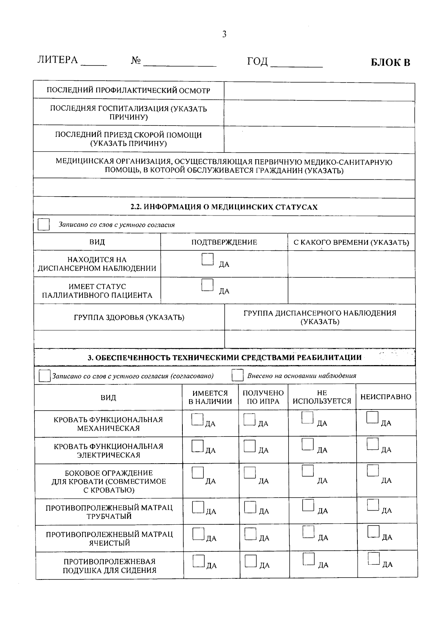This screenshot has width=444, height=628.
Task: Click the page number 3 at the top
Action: click(224, 34)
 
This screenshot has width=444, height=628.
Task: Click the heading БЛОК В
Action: click(390, 62)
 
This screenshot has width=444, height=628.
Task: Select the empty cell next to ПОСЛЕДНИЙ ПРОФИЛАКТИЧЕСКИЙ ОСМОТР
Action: click(319, 91)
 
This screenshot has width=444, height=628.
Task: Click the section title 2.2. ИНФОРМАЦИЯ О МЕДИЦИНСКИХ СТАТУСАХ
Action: click(224, 207)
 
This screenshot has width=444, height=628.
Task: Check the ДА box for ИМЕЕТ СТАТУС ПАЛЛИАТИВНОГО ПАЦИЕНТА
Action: click(208, 285)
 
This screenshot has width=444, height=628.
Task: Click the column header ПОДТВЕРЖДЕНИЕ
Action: click(224, 242)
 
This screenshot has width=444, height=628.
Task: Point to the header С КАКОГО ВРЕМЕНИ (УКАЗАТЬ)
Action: click(351, 243)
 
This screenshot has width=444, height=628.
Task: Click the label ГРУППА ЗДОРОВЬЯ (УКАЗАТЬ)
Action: click(129, 317)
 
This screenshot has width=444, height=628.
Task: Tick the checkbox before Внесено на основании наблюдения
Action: click(237, 376)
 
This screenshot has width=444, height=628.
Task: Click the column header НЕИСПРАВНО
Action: click(386, 397)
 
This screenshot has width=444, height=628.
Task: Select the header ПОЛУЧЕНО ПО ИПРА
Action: click(263, 397)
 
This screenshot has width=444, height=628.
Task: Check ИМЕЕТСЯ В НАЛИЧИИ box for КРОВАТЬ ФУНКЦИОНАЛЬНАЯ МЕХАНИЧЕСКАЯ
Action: click(198, 419)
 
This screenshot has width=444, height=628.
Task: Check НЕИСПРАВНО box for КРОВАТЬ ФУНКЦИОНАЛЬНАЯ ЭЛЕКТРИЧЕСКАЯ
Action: click(373, 444)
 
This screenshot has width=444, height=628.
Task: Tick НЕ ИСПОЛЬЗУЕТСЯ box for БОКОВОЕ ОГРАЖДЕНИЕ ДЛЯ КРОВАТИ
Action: click(307, 471)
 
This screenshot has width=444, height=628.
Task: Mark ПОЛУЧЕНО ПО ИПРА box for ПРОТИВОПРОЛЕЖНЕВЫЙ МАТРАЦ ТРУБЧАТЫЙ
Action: click(250, 507)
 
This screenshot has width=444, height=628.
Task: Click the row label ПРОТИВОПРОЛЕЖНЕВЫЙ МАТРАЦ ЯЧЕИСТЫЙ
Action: click(109, 539)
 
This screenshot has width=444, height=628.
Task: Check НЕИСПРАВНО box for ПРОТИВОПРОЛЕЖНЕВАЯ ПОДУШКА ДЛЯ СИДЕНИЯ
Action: click(374, 559)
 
